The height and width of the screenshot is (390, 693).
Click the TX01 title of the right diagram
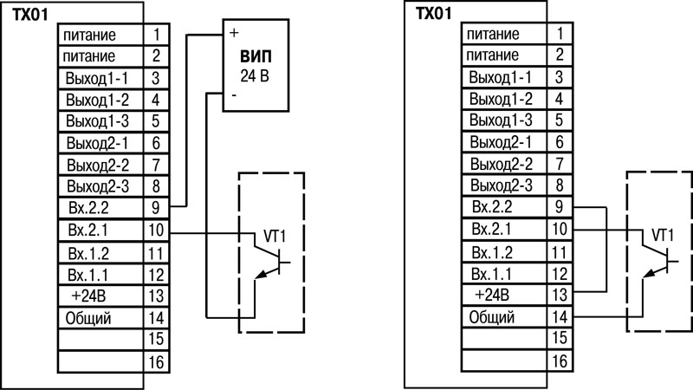433,15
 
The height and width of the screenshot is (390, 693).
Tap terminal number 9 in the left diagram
155,209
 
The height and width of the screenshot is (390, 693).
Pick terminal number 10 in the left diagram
155,231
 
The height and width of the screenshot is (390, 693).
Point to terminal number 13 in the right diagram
560,296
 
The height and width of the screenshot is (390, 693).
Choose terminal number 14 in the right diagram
560,317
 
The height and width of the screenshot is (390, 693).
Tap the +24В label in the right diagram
494,296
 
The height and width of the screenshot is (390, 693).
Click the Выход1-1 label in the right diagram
500,78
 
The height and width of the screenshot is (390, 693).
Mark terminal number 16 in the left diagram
155,360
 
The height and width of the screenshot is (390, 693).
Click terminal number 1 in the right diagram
560,34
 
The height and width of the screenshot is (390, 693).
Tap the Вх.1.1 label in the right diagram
494,274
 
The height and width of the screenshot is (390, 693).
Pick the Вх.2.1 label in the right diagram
494,231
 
